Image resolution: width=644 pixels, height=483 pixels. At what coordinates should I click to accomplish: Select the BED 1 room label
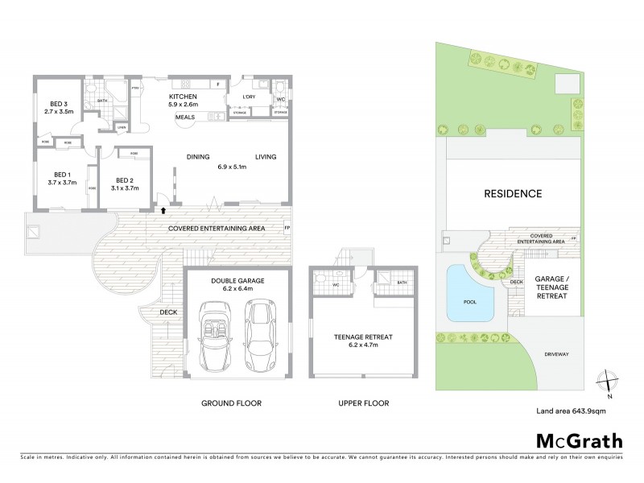(64, 175)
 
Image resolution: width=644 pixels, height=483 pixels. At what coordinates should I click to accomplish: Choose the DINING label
(198, 157)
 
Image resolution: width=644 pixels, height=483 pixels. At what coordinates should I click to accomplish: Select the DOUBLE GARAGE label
(237, 281)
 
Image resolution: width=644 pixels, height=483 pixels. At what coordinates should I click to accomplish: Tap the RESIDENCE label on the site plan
(512, 193)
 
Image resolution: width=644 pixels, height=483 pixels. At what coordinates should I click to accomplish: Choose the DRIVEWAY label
(559, 352)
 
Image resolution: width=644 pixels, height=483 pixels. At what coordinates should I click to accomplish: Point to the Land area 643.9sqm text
(570, 413)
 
